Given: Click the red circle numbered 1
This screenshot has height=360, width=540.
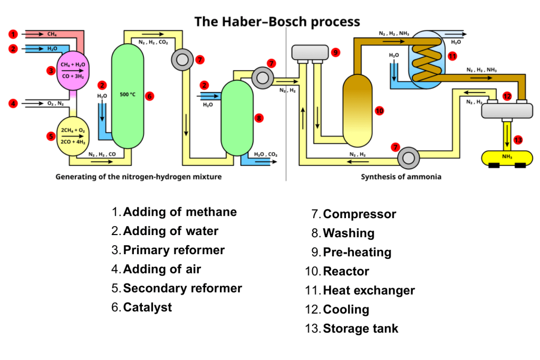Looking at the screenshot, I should tap(13, 34).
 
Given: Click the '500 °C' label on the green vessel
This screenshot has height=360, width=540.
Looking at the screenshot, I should tap(128, 95).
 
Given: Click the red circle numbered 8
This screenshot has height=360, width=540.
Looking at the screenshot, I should tap(258, 118).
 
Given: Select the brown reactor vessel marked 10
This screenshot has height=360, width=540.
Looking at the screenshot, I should tap(358, 110).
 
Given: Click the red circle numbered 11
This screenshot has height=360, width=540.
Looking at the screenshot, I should tap(451, 56).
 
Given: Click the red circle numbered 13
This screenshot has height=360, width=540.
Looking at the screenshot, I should tap(518, 140).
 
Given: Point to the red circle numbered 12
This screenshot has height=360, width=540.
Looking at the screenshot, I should tap(507, 96).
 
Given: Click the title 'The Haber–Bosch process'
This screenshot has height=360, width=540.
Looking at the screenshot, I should tap(277, 22).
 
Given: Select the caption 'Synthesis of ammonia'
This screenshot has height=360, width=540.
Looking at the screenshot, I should tap(401, 177).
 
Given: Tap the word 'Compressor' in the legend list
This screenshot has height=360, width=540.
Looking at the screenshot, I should tap(359, 215).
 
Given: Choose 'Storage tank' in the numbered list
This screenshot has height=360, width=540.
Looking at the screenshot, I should tap(360, 329).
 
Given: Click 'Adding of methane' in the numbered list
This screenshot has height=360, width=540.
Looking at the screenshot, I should tap(180, 212).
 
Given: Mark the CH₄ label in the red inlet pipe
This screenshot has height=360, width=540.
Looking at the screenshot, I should tap(52, 34).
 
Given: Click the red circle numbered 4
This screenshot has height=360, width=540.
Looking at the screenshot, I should tap(13, 103).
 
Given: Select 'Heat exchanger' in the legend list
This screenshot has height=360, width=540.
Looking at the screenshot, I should tap(369, 290).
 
